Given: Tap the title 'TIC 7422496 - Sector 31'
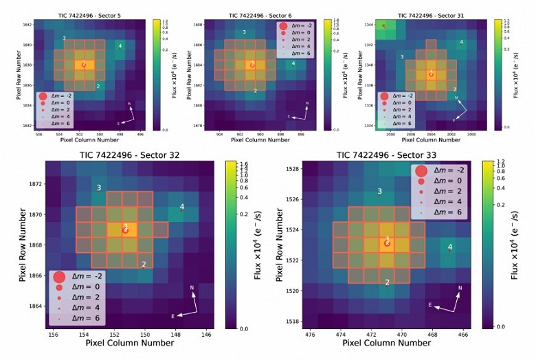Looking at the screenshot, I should coord(433,15).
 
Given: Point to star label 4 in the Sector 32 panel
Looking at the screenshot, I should coord(181,207).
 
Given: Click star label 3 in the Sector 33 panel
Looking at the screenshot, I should coord(379,192).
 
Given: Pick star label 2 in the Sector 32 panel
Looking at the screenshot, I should coord(144,264).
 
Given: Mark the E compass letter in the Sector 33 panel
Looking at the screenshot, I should coord(430,304).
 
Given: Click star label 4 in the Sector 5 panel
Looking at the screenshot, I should coord(120,46).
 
